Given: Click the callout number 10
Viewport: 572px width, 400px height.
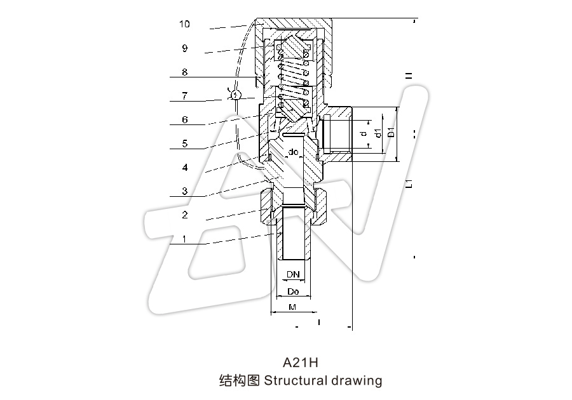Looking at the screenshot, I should tap(184, 24).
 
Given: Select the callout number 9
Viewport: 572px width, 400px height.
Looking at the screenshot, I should tap(184, 48).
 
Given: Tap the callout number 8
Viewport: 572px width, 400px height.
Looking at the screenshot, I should tap(184, 72).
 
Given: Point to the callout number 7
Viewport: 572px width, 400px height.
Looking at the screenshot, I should tap(184, 97).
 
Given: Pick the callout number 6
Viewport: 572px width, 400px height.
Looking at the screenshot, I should tap(184, 120).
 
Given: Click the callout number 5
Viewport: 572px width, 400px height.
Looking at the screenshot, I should tap(184, 144).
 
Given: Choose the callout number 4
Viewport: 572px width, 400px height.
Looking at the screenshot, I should tap(184, 168).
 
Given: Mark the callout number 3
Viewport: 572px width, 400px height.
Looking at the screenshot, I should tap(184, 192).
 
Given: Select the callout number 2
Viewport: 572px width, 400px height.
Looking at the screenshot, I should tap(184, 215).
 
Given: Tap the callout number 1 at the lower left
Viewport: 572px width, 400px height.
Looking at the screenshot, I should tap(184, 239).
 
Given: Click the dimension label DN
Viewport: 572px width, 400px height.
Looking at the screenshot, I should tap(292, 274).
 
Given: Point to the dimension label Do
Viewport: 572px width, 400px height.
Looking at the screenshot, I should tap(293, 291).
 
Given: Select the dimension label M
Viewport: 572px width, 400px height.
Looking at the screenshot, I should tap(292, 307).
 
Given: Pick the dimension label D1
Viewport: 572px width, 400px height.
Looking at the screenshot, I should tap(392, 133).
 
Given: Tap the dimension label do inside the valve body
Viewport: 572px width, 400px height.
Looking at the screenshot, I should tap(294, 152).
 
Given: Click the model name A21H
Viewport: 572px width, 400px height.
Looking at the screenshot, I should tap(300, 363).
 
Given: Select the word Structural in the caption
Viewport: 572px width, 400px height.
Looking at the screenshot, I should tap(296, 381).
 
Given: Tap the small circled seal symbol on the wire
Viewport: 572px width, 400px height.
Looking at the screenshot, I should tap(236, 95).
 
